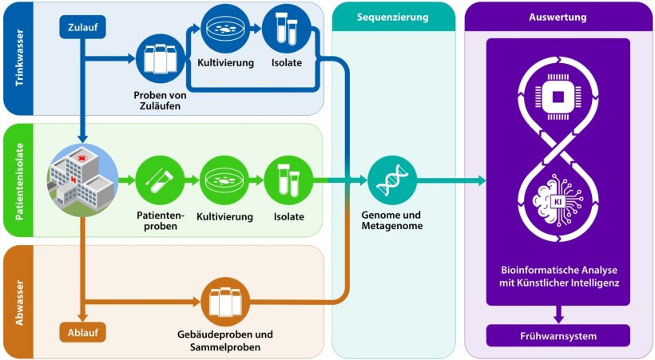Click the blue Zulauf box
[83, 30]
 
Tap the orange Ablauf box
[83, 331]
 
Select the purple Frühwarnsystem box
[558, 336]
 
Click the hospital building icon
[82, 179]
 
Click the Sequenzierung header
[393, 17]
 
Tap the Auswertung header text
[558, 17]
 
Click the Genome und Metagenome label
[392, 220]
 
